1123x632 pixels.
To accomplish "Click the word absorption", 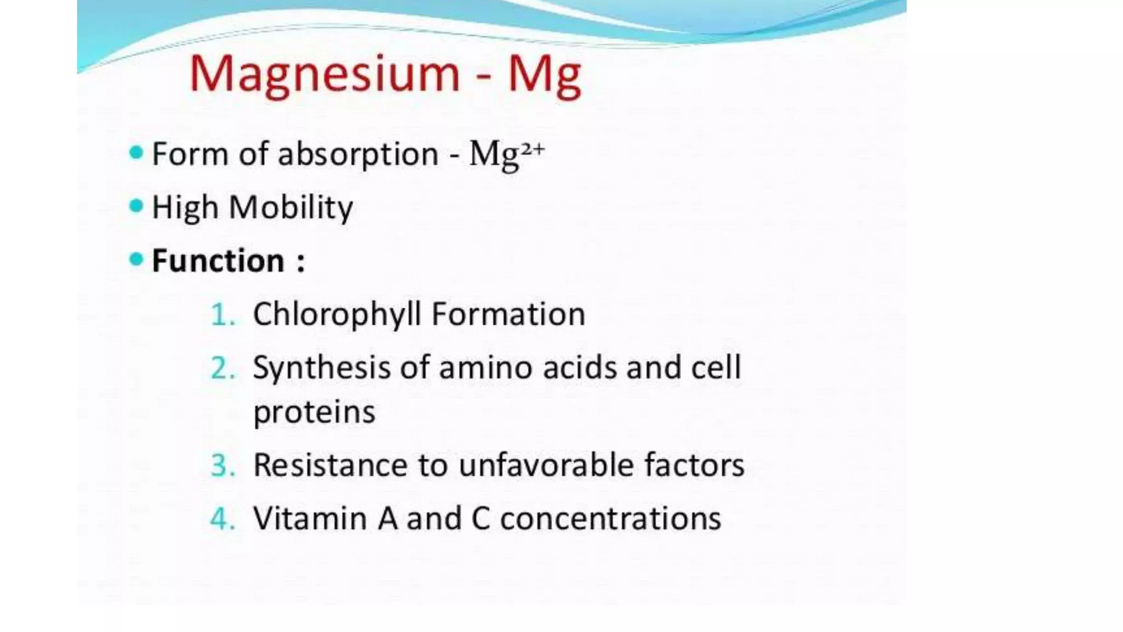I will point(358,154).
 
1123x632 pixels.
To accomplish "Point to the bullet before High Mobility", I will point(136,206).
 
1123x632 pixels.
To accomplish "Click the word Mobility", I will point(291,208).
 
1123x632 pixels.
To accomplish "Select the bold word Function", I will point(218,260).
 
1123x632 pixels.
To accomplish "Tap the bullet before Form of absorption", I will point(136,153).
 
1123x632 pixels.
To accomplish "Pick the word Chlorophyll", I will point(337,315).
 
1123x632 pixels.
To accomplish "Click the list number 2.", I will point(222,368).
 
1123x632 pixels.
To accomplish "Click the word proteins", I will point(314,412).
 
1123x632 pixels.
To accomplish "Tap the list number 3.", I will point(222,466).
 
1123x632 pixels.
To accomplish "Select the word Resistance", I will point(331,465).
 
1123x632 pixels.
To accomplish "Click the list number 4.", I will point(222,519).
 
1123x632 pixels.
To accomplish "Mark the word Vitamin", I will point(310,518).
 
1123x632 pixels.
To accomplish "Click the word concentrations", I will point(610,518).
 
